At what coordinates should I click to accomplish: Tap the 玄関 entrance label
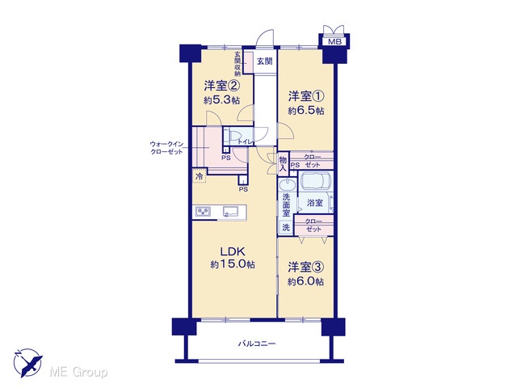(x=264, y=61)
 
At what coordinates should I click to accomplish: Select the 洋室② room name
(x=221, y=86)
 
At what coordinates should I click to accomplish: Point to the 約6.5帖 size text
(x=306, y=111)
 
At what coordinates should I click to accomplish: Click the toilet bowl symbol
(x=233, y=137)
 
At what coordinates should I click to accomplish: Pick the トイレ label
(x=246, y=142)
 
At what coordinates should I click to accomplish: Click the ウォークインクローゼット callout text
(x=166, y=148)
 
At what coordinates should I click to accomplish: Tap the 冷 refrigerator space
(x=200, y=176)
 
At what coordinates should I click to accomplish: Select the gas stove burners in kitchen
(x=203, y=212)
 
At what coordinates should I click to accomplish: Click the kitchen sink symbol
(x=230, y=212)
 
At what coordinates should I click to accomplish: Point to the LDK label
(x=233, y=251)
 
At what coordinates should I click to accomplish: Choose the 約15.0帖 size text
(x=233, y=264)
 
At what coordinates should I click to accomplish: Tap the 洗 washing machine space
(x=286, y=227)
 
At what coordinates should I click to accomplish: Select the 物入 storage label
(x=284, y=164)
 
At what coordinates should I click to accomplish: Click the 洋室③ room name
(x=306, y=268)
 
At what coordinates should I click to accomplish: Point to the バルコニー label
(x=257, y=344)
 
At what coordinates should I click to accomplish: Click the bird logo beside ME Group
(x=28, y=363)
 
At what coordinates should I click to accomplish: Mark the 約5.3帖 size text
(x=221, y=100)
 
